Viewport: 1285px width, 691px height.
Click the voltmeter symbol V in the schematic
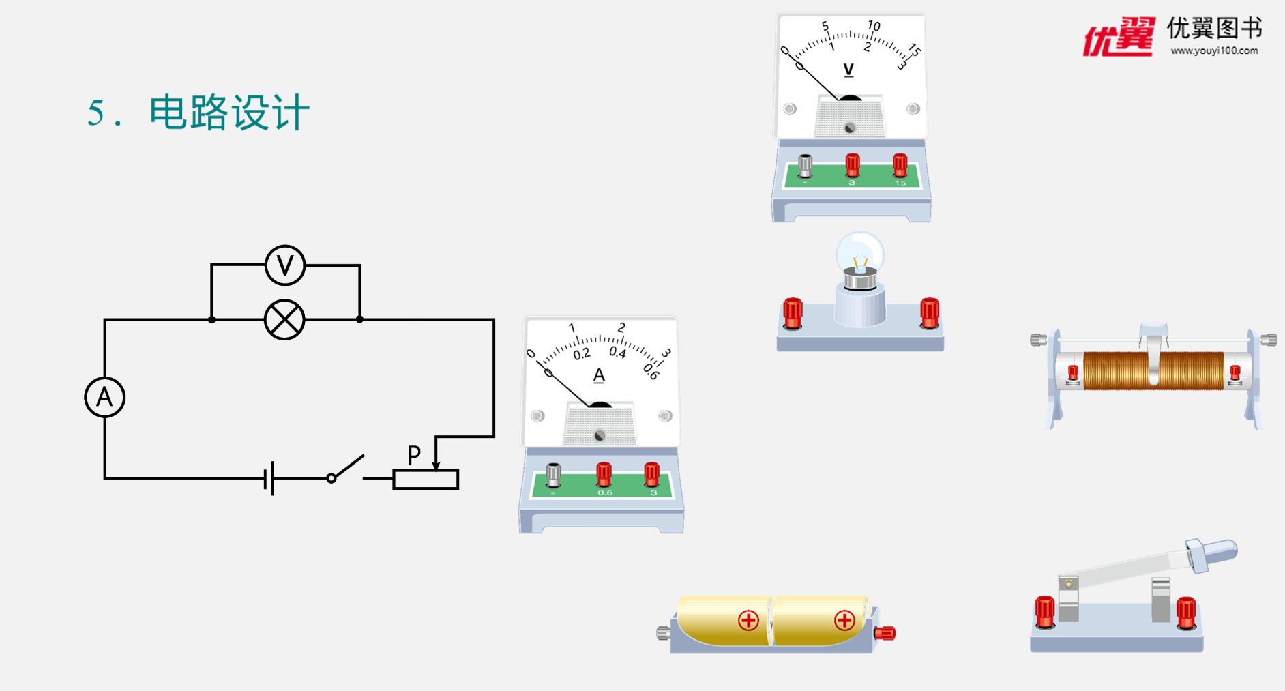click(285, 265)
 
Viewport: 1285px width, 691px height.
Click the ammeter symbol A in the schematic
click(104, 397)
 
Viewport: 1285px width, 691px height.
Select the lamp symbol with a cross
click(284, 319)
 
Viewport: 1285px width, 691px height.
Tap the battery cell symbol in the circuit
click(270, 478)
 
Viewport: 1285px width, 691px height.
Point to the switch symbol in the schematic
click(346, 469)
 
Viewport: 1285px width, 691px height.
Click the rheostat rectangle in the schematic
click(426, 479)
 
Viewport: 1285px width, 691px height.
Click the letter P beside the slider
click(414, 454)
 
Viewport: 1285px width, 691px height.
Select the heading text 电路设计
click(229, 113)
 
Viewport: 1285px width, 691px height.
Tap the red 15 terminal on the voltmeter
click(900, 165)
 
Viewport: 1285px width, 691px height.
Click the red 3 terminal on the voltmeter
click(852, 165)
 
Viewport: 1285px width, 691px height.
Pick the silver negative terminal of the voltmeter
click(806, 165)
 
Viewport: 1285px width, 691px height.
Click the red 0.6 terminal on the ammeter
click(604, 474)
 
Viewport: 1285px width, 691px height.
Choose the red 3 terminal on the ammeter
click(652, 474)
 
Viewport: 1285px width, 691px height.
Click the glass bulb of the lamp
click(860, 253)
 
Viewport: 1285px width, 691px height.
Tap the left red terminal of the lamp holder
click(793, 313)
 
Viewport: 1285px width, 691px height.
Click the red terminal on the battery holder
click(885, 633)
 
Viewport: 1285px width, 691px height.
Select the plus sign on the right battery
click(844, 620)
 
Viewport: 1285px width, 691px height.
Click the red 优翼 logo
click(1119, 37)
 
